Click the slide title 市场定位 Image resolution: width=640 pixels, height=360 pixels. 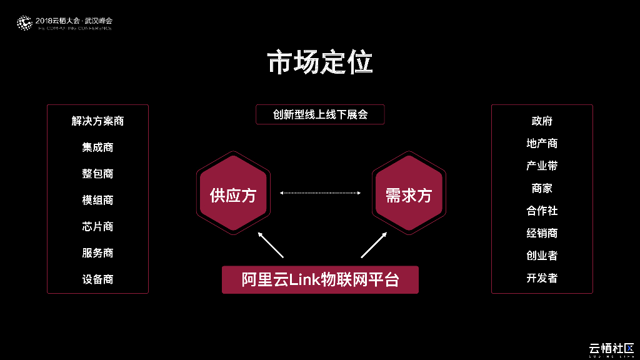pos(320,63)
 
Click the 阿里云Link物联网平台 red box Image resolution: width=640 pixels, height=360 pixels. pos(320,279)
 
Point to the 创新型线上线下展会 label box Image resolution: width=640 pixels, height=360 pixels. pos(320,115)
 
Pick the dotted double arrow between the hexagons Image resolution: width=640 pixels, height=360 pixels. pos(320,193)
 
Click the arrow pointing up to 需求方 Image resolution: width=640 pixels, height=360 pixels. pos(374,244)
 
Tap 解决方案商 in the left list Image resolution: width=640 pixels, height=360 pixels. pos(97,121)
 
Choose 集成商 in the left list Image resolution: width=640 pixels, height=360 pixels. pos(97,147)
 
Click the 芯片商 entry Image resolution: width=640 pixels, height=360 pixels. pos(97,226)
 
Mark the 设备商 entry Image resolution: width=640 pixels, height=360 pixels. pos(97,279)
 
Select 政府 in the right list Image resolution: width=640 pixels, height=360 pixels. pos(542,121)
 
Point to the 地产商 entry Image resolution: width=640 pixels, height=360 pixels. pos(542,143)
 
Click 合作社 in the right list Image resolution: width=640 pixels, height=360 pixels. pos(542,211)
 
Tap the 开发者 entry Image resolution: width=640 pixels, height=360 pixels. pos(542,277)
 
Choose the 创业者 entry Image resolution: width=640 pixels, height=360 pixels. pos(542,255)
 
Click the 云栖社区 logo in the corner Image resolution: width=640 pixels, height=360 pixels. pos(611,349)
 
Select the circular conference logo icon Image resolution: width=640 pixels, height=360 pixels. pos(24,24)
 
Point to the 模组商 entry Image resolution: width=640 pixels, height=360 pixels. pos(97,200)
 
